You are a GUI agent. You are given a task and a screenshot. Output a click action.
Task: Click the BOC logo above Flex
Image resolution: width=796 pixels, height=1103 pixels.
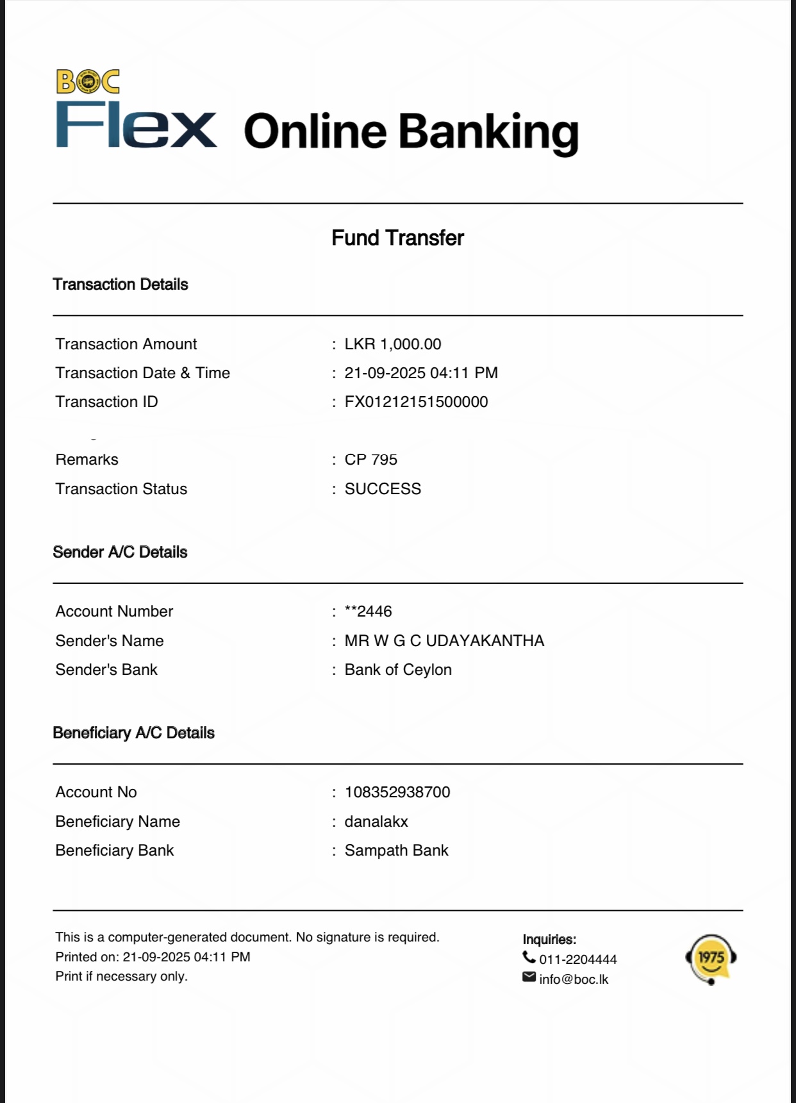[88, 81]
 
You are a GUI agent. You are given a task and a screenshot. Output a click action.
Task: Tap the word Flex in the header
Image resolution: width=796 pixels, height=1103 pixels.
[136, 126]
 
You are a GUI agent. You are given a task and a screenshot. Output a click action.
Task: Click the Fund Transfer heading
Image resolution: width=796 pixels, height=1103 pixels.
[397, 238]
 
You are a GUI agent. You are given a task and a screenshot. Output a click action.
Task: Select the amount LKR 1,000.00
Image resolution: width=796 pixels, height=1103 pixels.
[392, 344]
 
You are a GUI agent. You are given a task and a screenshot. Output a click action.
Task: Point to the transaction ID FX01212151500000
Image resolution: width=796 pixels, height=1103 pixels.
[416, 402]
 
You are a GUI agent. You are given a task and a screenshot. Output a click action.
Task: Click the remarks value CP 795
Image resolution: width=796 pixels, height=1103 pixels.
[370, 460]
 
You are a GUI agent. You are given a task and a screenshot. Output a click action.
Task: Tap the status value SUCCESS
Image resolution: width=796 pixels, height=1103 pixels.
[383, 489]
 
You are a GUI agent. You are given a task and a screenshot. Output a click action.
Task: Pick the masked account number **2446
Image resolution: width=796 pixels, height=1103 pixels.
[368, 611]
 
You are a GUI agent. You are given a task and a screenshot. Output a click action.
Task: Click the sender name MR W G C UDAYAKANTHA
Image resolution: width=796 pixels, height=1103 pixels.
[444, 641]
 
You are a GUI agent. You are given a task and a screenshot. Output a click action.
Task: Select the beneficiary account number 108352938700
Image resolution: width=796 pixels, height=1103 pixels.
[397, 792]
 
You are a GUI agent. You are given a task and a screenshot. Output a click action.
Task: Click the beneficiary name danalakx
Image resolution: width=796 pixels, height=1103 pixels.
[376, 822]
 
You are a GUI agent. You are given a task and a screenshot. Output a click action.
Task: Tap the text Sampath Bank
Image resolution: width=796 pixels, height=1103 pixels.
[396, 850]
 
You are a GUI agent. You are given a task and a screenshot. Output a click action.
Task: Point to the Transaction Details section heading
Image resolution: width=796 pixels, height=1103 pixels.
[120, 285]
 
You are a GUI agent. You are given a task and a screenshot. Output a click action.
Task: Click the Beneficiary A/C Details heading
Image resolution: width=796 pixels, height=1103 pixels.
[133, 733]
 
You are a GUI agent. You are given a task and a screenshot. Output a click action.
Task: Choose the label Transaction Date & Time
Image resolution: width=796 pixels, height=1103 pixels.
[142, 373]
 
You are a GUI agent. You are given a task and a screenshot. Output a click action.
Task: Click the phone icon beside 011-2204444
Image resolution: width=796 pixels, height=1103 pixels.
[529, 958]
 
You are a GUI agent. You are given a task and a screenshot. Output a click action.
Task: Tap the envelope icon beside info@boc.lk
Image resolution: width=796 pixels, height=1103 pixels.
[529, 977]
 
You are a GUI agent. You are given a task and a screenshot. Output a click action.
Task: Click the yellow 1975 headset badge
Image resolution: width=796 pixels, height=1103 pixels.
[711, 958]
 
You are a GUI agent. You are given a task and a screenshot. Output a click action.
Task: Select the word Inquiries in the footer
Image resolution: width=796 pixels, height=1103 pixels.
[549, 940]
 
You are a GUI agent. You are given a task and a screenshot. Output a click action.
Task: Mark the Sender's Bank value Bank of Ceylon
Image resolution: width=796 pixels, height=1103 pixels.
[398, 670]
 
